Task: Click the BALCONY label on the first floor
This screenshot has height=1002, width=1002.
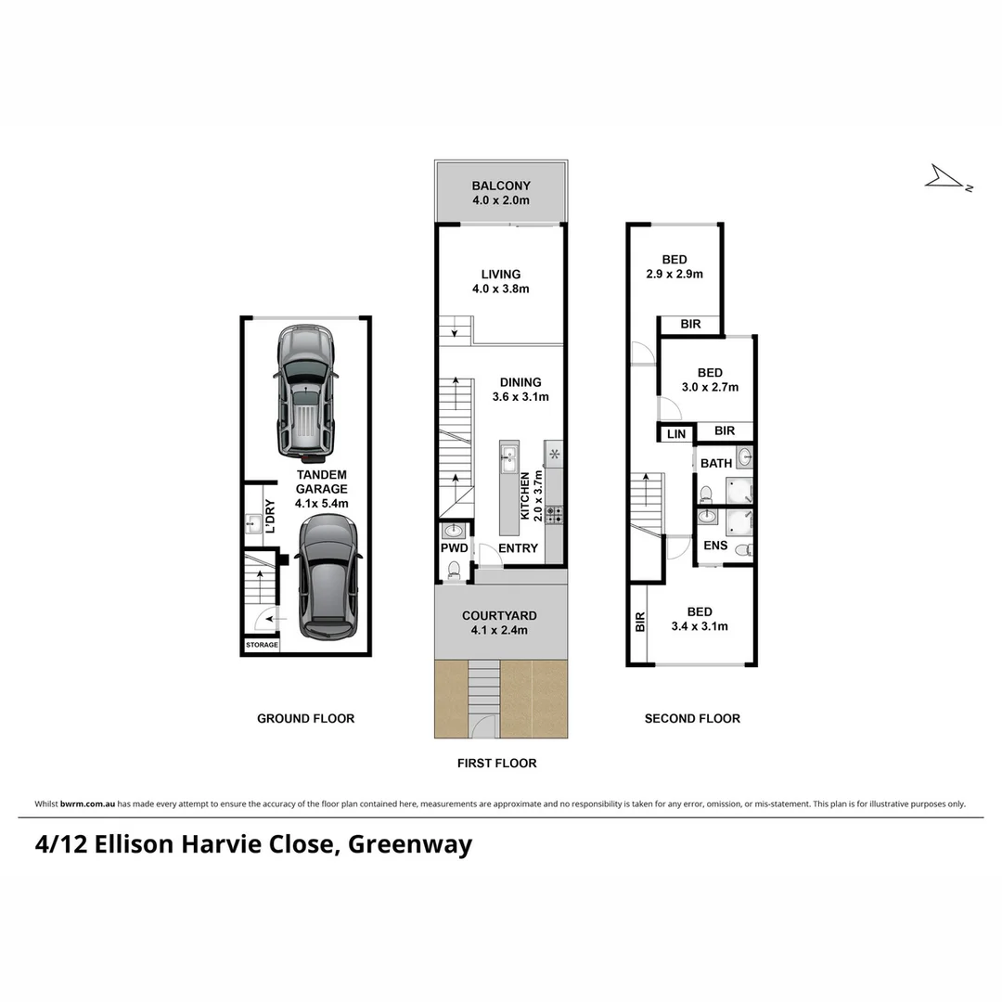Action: tap(501, 186)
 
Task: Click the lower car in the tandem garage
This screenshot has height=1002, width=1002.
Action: tap(329, 576)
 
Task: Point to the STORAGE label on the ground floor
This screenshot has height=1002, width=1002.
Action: tap(261, 645)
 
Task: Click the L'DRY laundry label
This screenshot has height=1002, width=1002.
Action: tap(270, 517)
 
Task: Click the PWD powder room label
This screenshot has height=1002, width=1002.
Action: tap(453, 548)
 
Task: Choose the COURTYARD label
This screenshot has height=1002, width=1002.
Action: tap(500, 615)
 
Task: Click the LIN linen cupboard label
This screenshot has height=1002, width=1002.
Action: tap(676, 433)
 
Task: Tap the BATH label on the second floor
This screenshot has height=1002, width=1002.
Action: tap(716, 463)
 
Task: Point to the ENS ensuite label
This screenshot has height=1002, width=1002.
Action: tap(715, 546)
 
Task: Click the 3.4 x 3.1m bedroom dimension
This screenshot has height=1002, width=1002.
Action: tap(700, 626)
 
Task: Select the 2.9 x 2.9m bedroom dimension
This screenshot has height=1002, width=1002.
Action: tap(674, 274)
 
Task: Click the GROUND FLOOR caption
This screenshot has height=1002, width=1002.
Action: tap(305, 718)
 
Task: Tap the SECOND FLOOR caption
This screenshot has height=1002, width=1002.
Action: tap(692, 718)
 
